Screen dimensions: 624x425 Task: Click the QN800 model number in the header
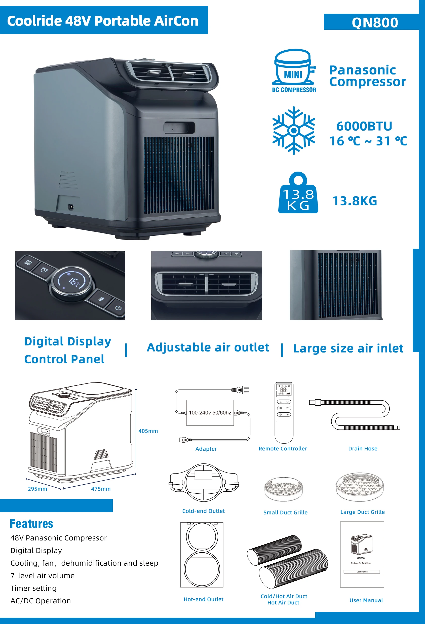coord(375,22)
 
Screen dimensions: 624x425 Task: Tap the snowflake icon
coord(294,131)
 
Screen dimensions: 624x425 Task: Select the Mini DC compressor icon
coord(294,70)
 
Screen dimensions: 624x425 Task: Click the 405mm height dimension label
coord(148,431)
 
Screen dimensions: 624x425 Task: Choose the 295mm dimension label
coord(37,489)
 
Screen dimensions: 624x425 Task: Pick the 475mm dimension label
coord(101,489)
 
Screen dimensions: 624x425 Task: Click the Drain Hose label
coord(363,448)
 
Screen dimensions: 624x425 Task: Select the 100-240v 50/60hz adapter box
coord(210,413)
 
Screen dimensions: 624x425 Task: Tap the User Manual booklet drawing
coord(362,554)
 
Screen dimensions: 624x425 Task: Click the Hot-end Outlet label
coord(203,599)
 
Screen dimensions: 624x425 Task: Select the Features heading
coord(31,524)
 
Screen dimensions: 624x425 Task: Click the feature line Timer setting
coord(33,588)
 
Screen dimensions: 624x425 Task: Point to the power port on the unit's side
coord(71,207)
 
